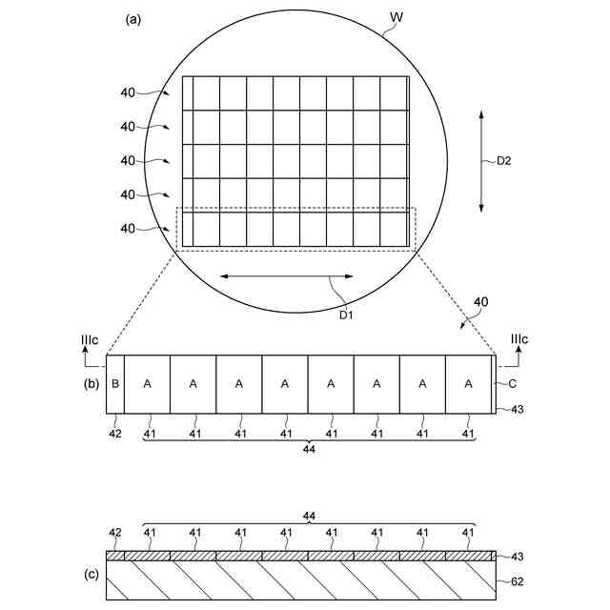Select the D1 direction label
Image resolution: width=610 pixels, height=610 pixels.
coord(347,315)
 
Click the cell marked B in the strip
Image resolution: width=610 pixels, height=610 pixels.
coord(115,383)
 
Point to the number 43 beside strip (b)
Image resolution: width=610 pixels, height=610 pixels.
coord(518,410)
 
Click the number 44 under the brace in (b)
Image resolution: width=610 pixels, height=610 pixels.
coord(309,451)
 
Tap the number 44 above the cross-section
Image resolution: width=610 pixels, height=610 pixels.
coord(309,515)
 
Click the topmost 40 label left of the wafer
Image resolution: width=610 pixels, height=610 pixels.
coord(128,92)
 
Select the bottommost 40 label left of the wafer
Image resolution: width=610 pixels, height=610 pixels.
coord(128,228)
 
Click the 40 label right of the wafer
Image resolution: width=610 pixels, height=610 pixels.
coord(480,302)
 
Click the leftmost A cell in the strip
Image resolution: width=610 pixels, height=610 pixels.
coord(147,383)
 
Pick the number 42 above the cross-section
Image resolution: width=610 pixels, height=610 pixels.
coord(115,533)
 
